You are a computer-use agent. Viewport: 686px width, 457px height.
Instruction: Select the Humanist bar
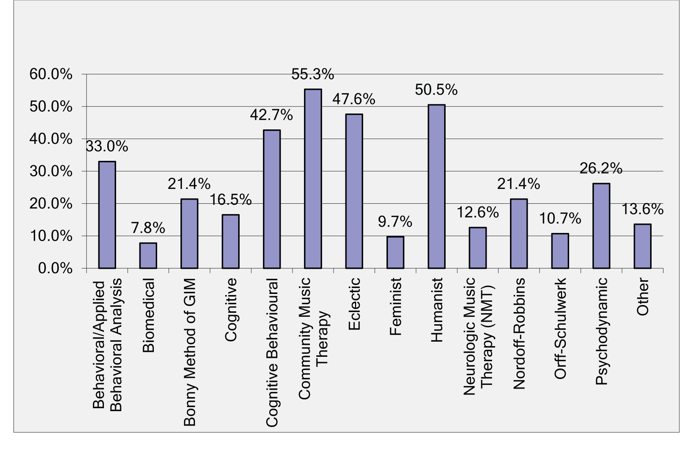coord(436,186)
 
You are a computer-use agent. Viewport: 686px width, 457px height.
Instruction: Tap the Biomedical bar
coord(148,255)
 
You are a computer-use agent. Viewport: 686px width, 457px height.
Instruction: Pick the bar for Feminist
coord(395,252)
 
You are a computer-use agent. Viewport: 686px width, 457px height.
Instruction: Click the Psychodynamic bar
coord(601,226)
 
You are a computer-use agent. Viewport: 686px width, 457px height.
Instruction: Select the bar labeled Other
coord(642,246)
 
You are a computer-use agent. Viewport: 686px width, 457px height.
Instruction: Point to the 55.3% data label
coord(313,74)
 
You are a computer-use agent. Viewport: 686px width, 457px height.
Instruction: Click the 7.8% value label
coord(148,228)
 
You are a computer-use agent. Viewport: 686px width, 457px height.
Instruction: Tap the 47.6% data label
coord(354,99)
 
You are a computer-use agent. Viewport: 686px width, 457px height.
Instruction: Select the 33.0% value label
coord(107,146)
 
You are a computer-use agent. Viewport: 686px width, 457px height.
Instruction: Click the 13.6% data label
coord(642,210)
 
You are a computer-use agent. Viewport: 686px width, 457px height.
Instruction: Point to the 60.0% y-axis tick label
coord(51,74)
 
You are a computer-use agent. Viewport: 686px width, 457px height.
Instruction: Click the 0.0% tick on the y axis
coord(55,268)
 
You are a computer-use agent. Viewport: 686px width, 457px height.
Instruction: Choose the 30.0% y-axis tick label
coord(51,172)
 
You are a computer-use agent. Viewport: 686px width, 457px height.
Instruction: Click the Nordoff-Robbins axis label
coord(519,333)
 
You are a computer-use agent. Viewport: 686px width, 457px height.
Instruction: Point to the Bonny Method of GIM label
coord(189,352)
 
